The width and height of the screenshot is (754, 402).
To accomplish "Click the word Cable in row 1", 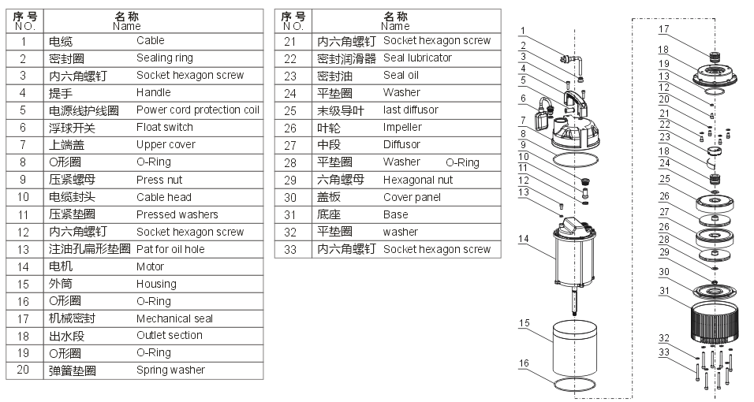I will [x=150, y=41].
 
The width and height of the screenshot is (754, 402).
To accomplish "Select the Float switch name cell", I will [x=164, y=128].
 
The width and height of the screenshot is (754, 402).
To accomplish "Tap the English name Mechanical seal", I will [x=174, y=318].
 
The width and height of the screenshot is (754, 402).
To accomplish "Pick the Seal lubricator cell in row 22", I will [x=417, y=58].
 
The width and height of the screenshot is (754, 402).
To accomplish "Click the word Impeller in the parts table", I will [x=402, y=128].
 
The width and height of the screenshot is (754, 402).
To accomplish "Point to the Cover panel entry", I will [x=412, y=197].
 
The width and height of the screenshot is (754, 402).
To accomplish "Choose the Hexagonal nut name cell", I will [x=417, y=180].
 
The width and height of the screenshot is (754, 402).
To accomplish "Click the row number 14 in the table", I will [x=24, y=266].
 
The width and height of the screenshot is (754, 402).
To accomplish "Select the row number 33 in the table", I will [x=290, y=249].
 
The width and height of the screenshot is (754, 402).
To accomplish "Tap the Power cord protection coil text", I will [x=197, y=110].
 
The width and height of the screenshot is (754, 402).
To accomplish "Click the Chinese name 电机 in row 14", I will [x=61, y=266].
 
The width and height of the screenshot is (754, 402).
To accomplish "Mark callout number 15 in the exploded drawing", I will [x=524, y=322].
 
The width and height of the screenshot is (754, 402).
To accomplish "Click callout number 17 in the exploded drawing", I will [x=663, y=29].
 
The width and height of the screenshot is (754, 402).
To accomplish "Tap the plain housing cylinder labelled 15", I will [x=577, y=347].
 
